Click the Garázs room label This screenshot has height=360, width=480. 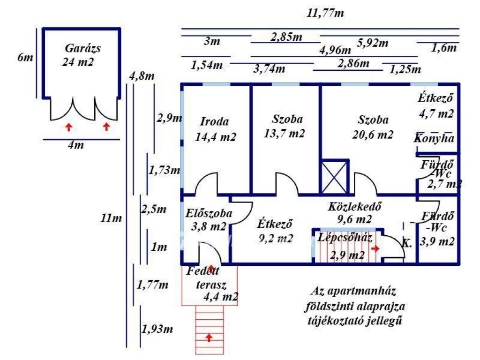pos(83,48)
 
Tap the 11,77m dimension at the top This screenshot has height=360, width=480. pos(325,13)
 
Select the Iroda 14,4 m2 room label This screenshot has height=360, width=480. pos(215,122)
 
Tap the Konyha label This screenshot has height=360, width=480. pos(434,139)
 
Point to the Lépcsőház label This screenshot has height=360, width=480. pos(345,237)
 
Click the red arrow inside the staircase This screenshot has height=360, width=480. pos(375,248)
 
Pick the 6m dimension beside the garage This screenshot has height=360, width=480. pos(25,58)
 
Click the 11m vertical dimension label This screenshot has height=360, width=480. pos(111,217)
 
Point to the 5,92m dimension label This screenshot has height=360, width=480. pos(373,44)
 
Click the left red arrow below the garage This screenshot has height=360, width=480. pos(69,126)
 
